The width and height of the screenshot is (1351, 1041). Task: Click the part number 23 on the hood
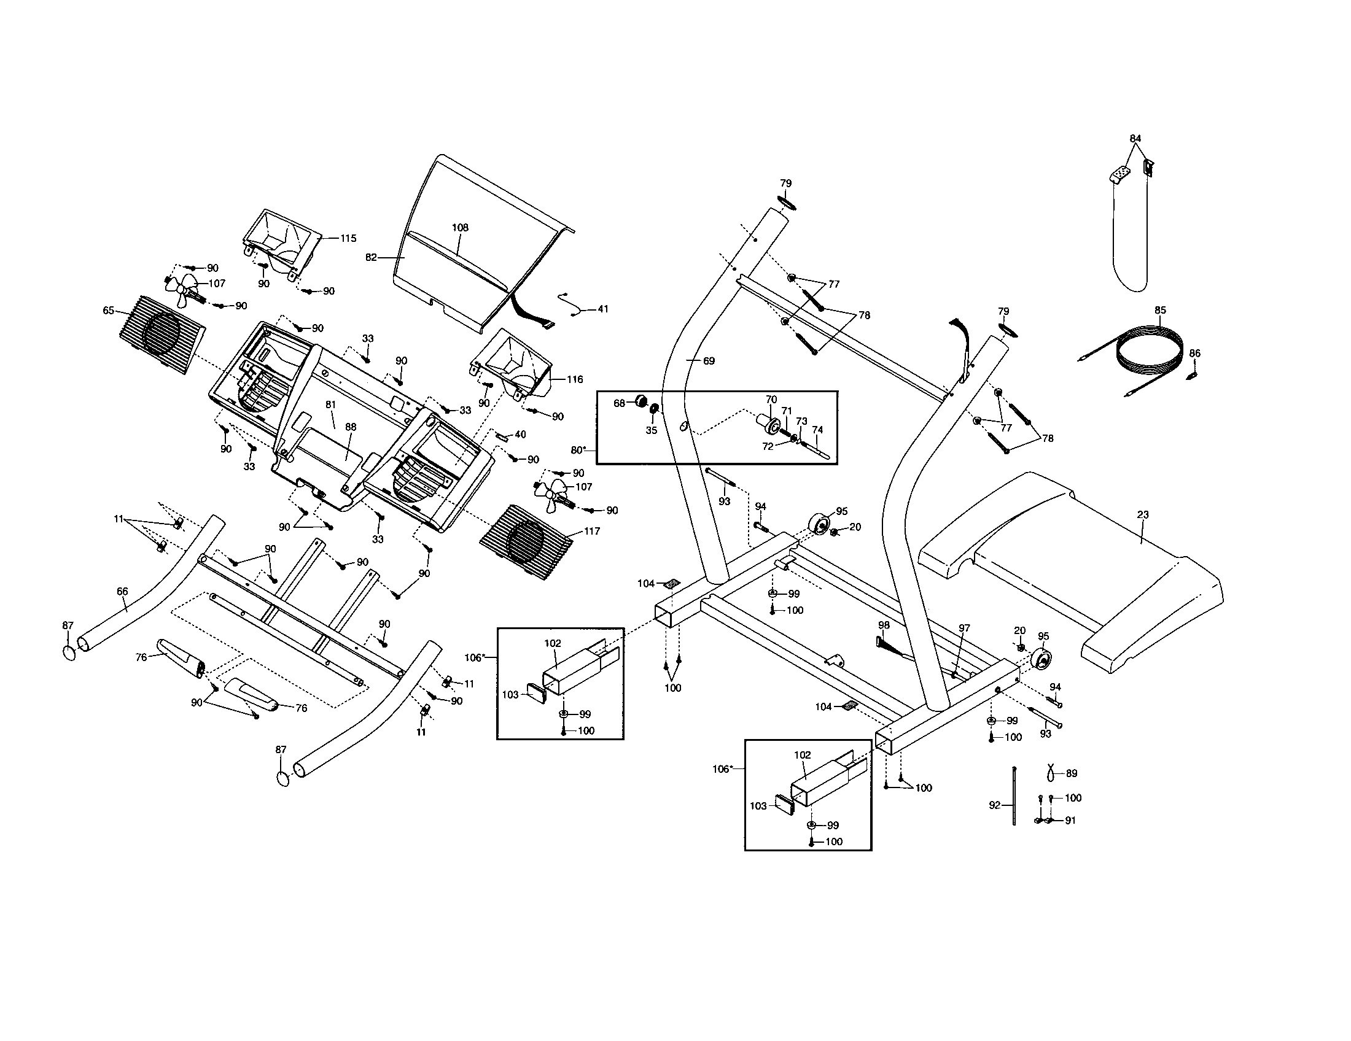point(1143,514)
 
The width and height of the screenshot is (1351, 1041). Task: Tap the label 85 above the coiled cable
point(1160,310)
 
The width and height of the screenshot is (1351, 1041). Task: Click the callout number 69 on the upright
point(709,360)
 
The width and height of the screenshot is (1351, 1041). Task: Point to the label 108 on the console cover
point(459,228)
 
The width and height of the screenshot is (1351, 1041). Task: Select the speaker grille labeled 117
point(526,541)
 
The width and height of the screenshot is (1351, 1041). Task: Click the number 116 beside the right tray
point(575,379)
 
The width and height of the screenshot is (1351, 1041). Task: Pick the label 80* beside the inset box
point(578,449)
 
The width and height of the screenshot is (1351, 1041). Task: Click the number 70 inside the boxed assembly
point(771,400)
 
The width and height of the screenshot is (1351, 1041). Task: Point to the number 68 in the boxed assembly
point(619,403)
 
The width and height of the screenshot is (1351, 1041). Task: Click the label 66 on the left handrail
point(122,592)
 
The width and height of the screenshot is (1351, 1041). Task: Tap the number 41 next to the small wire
point(602,309)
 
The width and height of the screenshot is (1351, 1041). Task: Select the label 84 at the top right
point(1135,139)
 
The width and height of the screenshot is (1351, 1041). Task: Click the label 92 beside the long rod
point(994,805)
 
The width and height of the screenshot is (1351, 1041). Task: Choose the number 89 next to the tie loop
point(1072,773)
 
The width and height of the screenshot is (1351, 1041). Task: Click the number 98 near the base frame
point(883,625)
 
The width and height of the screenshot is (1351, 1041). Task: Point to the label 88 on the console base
point(351,427)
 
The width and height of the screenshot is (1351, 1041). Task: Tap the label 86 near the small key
point(1194,354)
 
